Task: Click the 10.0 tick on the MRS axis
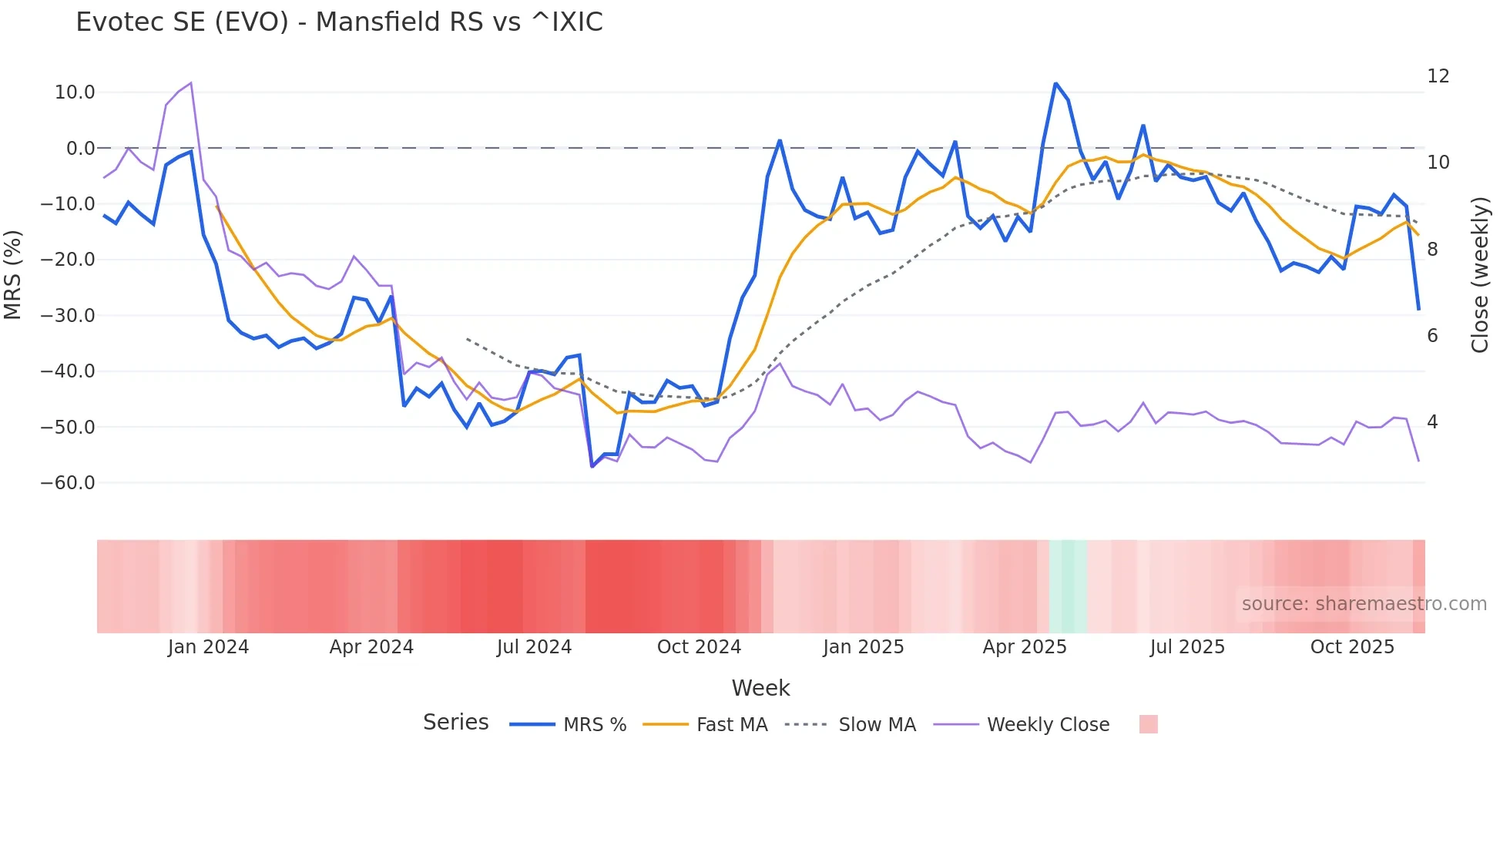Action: [75, 92]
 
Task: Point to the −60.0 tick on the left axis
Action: [68, 483]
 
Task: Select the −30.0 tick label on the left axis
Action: [68, 316]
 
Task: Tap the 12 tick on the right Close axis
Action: [1438, 76]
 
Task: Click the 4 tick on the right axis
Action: [1432, 422]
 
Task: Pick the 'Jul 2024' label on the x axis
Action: [534, 647]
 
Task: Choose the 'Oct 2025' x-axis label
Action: [1352, 647]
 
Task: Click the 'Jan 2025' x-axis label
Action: [863, 647]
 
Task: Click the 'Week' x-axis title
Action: [760, 688]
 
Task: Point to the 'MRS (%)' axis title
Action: [13, 275]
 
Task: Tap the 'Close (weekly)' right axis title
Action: [1480, 275]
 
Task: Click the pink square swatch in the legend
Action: [1148, 724]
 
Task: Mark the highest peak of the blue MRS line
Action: [1055, 84]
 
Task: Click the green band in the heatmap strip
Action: [1068, 586]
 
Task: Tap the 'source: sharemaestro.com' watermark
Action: [1364, 604]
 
